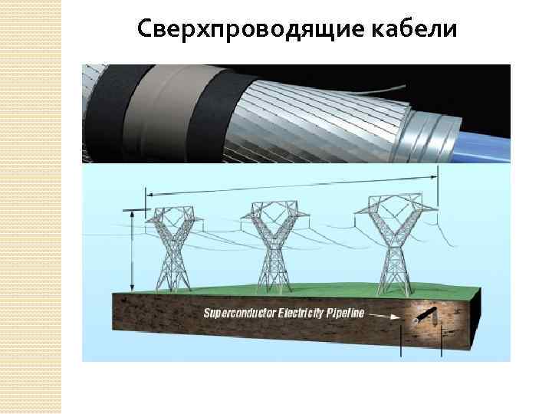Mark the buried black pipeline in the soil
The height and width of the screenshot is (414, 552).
(425, 314)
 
